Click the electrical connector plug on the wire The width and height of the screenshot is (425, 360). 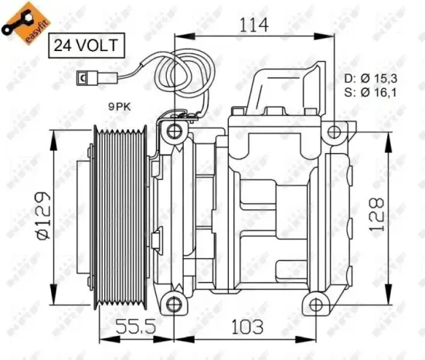click(x=83, y=77)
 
